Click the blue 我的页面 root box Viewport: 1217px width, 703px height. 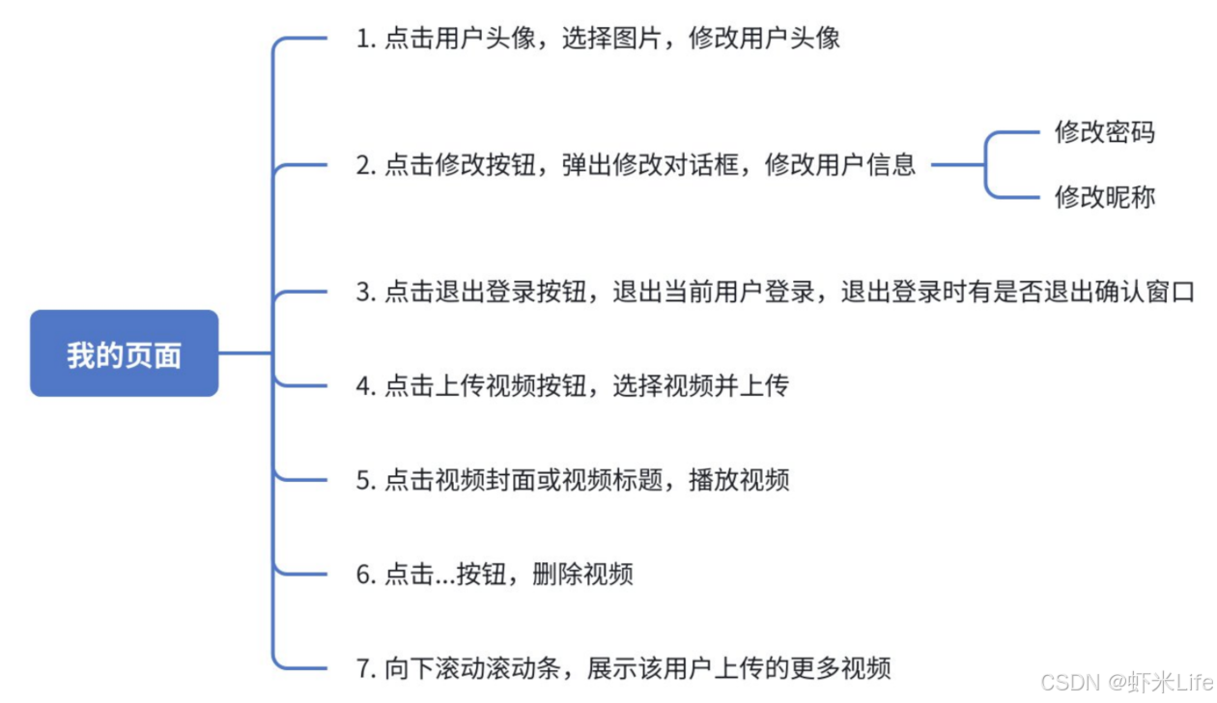click(x=124, y=353)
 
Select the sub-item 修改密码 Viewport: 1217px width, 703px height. click(x=1104, y=132)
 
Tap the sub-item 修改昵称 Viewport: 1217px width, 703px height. click(x=1104, y=197)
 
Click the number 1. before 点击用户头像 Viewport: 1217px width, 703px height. click(x=365, y=39)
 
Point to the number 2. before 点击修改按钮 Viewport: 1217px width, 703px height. click(x=365, y=165)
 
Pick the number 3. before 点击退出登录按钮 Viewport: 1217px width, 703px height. click(x=365, y=292)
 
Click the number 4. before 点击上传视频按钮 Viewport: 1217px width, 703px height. click(x=365, y=386)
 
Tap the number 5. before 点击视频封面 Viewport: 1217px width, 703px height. click(x=365, y=480)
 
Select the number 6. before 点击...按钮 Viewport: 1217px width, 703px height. click(x=365, y=575)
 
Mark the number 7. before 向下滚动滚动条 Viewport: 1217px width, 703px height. click(x=365, y=667)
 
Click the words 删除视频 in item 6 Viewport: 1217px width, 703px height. click(x=582, y=575)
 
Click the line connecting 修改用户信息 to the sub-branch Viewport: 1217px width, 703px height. click(x=957, y=165)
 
